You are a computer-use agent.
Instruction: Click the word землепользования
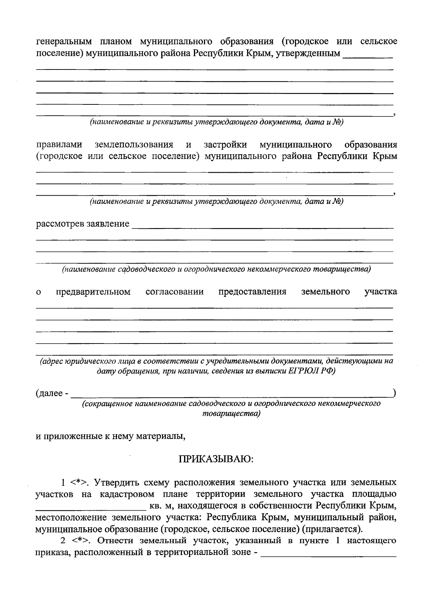[x=134, y=145]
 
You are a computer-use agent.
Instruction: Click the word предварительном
[x=93, y=292]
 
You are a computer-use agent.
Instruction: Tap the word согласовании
[x=174, y=292]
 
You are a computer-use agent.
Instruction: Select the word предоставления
[x=252, y=292]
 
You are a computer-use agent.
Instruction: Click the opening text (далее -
[x=52, y=394]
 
